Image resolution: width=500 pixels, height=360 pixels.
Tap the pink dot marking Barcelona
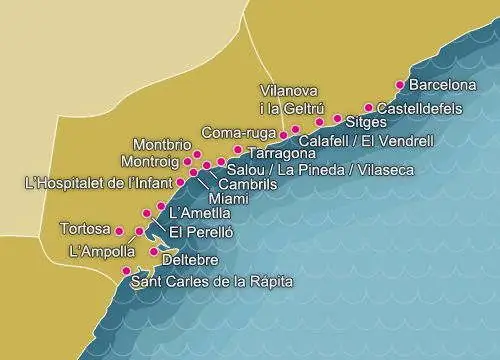coord(401,85)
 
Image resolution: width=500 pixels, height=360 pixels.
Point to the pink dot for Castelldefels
coord(369,107)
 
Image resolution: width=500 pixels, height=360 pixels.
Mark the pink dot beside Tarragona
coord(237,150)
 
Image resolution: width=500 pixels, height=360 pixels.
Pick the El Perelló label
coord(201,232)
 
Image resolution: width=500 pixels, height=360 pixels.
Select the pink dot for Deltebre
coord(152,252)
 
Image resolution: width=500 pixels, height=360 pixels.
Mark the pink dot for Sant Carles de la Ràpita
coord(126,271)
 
